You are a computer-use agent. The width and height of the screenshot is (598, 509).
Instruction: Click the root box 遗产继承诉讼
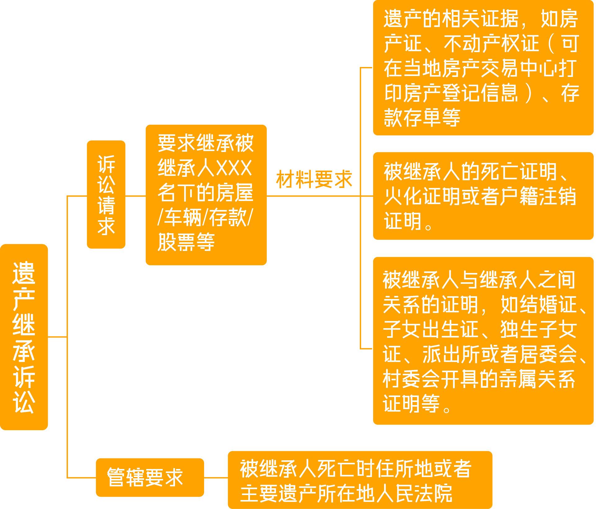point(24,337)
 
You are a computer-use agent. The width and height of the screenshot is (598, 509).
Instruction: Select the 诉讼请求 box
point(106,194)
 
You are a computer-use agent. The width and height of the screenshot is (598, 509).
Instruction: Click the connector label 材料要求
point(314,179)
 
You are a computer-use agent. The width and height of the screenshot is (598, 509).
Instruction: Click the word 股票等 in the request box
point(186,242)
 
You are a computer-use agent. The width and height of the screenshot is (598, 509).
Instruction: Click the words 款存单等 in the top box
point(422,117)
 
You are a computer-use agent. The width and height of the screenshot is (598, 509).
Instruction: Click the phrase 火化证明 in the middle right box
point(422,196)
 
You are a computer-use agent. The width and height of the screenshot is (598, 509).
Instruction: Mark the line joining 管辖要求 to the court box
point(216,478)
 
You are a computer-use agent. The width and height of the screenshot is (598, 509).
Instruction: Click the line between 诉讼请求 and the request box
point(136,196)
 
